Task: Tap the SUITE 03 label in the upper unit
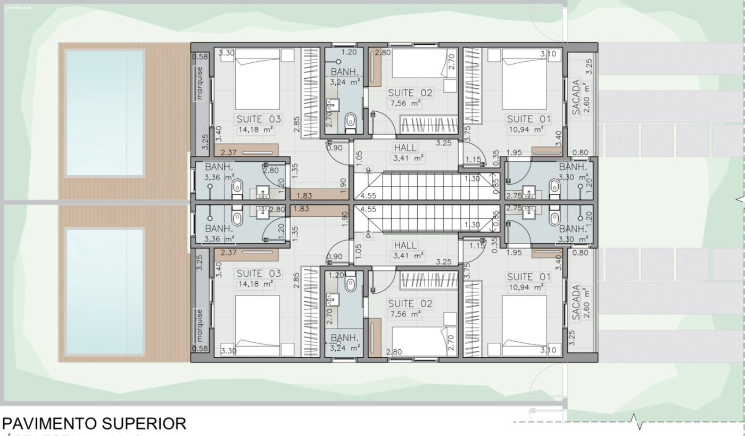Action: click(x=259, y=119)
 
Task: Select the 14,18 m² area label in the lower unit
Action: click(x=255, y=284)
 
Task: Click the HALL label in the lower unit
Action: click(x=405, y=245)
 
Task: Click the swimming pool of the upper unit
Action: click(x=105, y=113)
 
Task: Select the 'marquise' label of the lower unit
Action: click(x=200, y=326)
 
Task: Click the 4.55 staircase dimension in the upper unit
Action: click(x=368, y=195)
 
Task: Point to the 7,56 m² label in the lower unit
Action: click(x=405, y=314)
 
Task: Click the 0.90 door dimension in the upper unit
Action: click(x=334, y=147)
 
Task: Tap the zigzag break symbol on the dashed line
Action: click(x=639, y=421)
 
